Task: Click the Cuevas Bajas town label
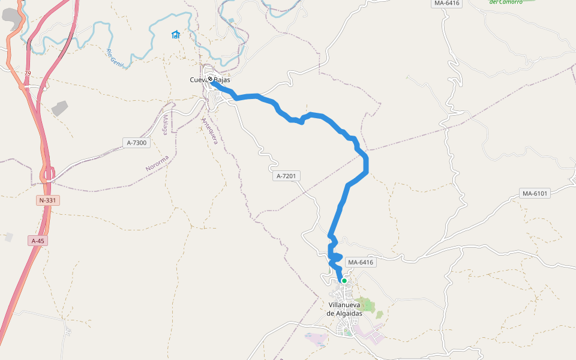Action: click(x=210, y=80)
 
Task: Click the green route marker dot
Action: click(x=344, y=281)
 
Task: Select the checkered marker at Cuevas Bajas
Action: click(x=211, y=79)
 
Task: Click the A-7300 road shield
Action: click(x=137, y=143)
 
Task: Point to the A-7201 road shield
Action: click(x=287, y=176)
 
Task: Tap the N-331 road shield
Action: click(x=48, y=200)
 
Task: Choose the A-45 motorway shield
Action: click(x=38, y=241)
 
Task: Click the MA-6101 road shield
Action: click(x=535, y=193)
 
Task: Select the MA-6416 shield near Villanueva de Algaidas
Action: click(x=361, y=262)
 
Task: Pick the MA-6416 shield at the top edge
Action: click(x=446, y=3)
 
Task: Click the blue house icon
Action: click(x=175, y=34)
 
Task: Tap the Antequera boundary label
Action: click(x=209, y=131)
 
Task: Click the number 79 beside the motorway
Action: click(x=27, y=73)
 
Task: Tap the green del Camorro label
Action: click(x=505, y=2)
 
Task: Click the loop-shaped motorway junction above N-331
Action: click(x=48, y=174)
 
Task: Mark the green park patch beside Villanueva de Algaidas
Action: click(x=364, y=305)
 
